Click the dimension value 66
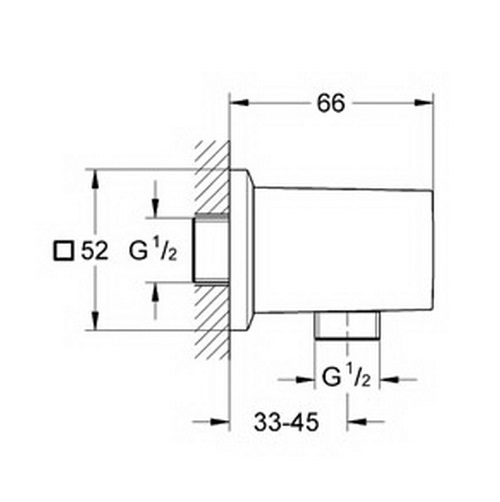[x=330, y=103]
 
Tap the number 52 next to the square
[x=95, y=251]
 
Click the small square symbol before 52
[x=63, y=251]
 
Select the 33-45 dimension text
[x=286, y=422]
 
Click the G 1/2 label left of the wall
[x=153, y=251]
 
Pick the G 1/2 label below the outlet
[x=347, y=379]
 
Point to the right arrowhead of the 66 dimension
[x=423, y=103]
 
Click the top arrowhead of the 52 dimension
[x=95, y=179]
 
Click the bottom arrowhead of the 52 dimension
[x=95, y=321]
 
